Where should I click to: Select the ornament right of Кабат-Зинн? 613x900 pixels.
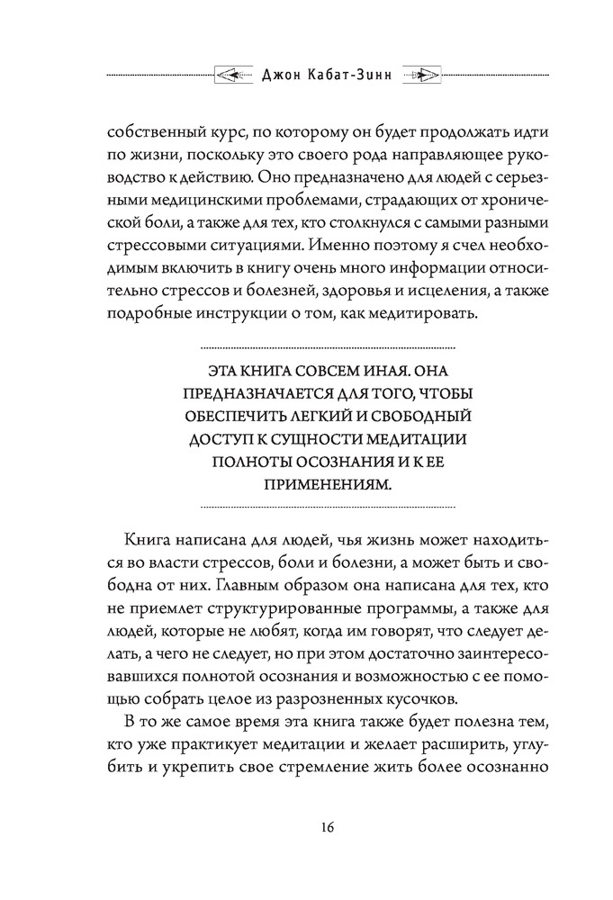[417, 74]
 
